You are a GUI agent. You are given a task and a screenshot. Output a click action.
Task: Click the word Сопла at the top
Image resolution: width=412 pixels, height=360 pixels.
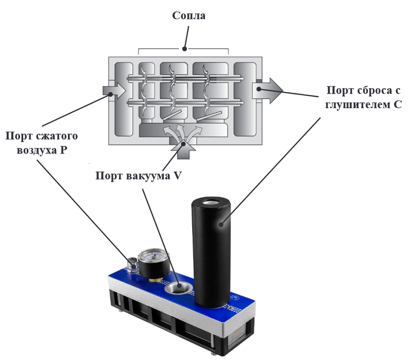(x=188, y=16)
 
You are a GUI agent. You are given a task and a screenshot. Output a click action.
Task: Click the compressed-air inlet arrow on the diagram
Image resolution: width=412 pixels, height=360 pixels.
(x=114, y=91)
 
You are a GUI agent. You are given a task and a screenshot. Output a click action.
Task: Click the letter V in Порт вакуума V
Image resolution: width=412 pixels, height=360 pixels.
(x=177, y=176)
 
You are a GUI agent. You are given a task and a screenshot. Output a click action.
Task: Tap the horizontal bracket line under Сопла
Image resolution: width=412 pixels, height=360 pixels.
(x=183, y=50)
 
